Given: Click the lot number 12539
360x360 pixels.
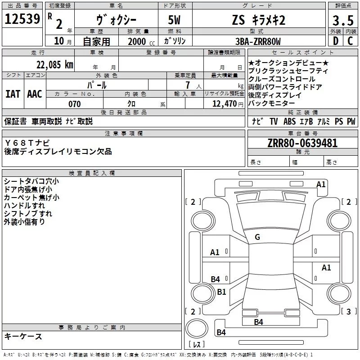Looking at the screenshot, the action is (22, 19).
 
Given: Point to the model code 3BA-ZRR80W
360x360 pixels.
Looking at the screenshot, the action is (258, 41).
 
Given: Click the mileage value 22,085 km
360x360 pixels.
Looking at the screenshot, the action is (54, 64).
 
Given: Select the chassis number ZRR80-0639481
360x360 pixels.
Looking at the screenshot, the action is (302, 144).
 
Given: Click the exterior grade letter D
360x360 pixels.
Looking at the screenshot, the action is (335, 41).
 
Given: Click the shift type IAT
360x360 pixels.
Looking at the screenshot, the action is (13, 94).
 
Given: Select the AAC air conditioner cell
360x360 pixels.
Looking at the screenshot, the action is (34, 94).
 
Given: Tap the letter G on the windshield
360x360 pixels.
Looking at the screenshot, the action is (257, 237).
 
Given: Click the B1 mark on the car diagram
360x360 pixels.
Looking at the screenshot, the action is (221, 292).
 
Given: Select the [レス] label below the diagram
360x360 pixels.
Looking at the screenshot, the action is (197, 345).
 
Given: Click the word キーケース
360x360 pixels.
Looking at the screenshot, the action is (23, 337).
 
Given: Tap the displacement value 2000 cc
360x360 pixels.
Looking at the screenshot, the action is (140, 41).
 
